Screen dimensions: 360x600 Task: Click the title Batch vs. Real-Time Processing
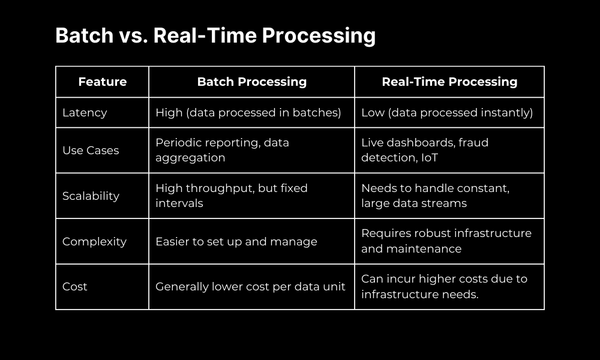point(215,36)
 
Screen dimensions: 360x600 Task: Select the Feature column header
point(103,82)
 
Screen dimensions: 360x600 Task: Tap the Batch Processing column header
point(251,82)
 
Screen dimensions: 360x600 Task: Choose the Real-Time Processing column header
point(449,82)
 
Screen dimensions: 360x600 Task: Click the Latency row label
point(85,113)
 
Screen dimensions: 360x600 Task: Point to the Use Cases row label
point(91,151)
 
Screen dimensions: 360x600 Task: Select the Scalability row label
point(91,196)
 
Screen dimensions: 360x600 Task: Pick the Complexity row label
point(94,242)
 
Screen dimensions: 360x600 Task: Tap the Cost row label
point(75,287)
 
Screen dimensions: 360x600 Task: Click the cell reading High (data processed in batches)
point(248,113)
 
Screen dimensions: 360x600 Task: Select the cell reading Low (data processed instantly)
point(447,113)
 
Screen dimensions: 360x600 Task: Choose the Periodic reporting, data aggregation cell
point(222,151)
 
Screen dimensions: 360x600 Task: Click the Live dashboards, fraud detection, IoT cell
point(425,151)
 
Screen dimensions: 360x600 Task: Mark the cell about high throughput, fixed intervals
point(232,196)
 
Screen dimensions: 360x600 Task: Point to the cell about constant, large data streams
point(435,196)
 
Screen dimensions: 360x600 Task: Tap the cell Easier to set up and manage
point(236,242)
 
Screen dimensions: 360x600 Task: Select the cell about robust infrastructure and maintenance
point(446,242)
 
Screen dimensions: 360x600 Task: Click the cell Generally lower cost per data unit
point(250,287)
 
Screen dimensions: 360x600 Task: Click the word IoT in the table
point(430,158)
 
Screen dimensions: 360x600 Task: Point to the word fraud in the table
point(473,143)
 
